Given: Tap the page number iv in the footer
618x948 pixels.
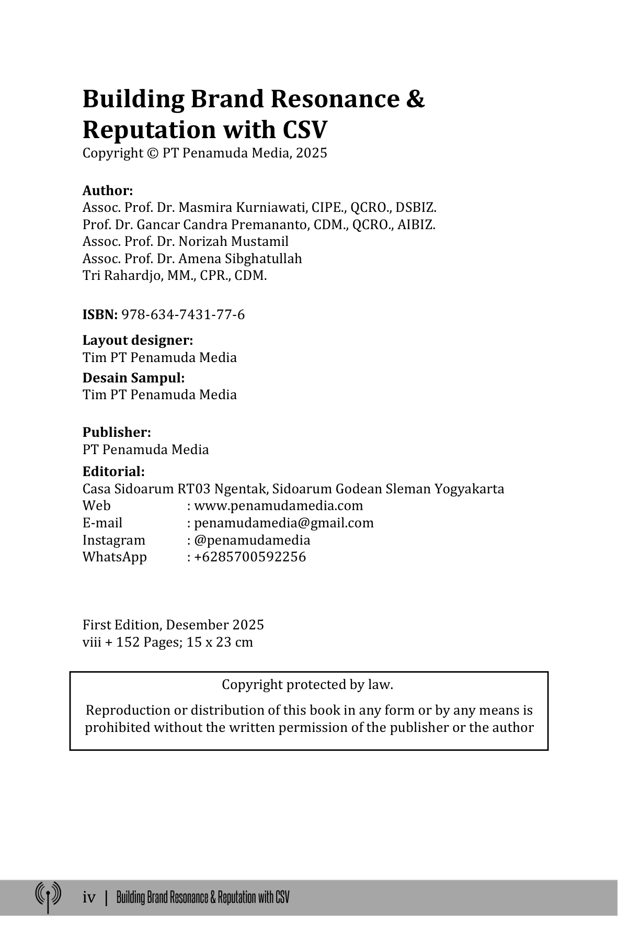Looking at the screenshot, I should pos(89,898).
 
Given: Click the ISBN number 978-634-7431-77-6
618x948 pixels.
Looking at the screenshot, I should pos(183,315).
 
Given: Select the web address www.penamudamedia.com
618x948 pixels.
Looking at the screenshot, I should pos(278,506).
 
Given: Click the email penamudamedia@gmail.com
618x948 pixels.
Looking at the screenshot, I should pos(284,523).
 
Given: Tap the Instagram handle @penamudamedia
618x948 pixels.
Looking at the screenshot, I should pos(252,540).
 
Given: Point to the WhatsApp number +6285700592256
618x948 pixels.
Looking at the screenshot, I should pos(250,557).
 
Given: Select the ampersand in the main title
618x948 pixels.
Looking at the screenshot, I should pos(415,99).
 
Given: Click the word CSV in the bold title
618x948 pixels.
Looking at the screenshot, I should pos(305,129).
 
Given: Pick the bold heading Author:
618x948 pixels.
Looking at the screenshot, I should pos(108,190).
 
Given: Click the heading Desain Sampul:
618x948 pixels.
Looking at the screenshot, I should pos(134,378).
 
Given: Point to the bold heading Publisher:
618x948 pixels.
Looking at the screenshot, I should pos(117,433).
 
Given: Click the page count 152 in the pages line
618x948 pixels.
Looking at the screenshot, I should pos(126,642).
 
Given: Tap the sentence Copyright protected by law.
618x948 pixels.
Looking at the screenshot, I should pos(307,685).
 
